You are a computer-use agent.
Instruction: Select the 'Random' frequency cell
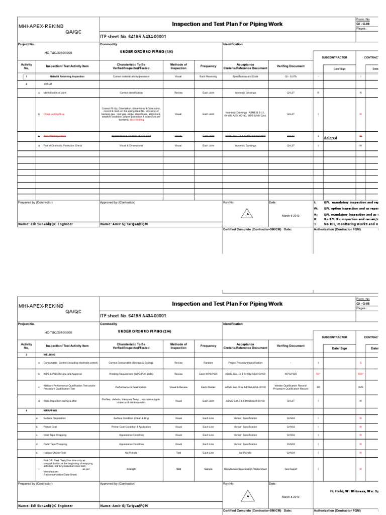click(208, 362)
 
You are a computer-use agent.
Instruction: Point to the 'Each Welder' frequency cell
click(208, 387)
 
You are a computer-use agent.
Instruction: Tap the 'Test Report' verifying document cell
click(291, 469)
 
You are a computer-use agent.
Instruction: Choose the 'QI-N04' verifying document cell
click(291, 453)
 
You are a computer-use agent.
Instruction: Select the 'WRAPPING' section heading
click(51, 410)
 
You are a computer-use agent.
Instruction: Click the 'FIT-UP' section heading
click(48, 84)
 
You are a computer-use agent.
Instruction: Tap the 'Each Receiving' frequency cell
click(208, 76)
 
